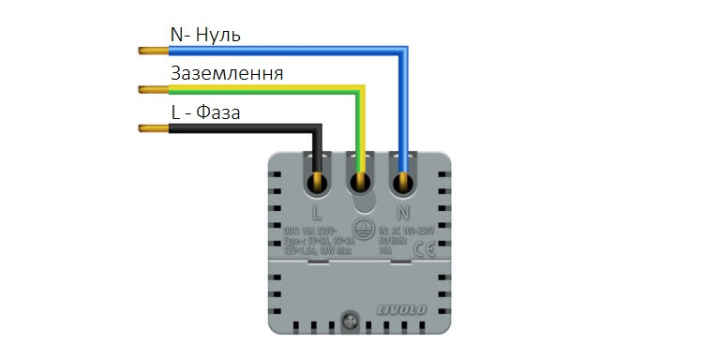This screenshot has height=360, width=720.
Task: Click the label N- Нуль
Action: point(205,35)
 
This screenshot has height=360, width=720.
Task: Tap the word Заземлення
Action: point(227,73)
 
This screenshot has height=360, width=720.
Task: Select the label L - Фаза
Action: point(205,112)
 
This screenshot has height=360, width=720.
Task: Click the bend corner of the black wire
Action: point(317,127)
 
